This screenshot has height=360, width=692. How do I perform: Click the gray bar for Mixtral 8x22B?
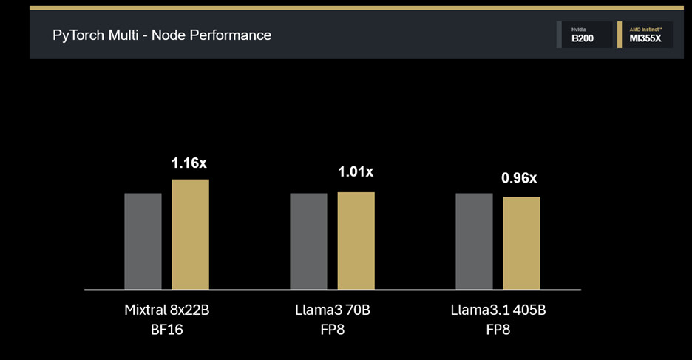143,241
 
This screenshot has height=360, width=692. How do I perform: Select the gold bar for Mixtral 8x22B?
191,234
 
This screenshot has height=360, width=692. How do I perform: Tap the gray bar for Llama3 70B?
308,241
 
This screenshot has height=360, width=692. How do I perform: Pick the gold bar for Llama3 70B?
356,240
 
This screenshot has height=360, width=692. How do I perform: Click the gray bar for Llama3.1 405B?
474,241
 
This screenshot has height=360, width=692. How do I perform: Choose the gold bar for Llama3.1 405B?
522,242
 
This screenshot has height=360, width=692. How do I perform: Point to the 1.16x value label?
189,163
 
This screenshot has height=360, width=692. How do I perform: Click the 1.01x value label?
355,172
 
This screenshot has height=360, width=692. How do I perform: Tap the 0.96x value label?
520,178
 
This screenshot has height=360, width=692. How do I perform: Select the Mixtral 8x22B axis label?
167,310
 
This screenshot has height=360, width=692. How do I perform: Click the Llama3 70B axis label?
332,310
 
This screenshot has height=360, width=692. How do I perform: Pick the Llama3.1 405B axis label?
498,310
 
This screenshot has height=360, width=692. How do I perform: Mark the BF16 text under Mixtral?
166,330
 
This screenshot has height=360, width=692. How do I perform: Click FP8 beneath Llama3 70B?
332,330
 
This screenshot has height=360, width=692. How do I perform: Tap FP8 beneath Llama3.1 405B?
498,330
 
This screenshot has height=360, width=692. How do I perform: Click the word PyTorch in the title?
78,35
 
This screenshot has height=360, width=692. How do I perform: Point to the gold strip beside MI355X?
620,35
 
